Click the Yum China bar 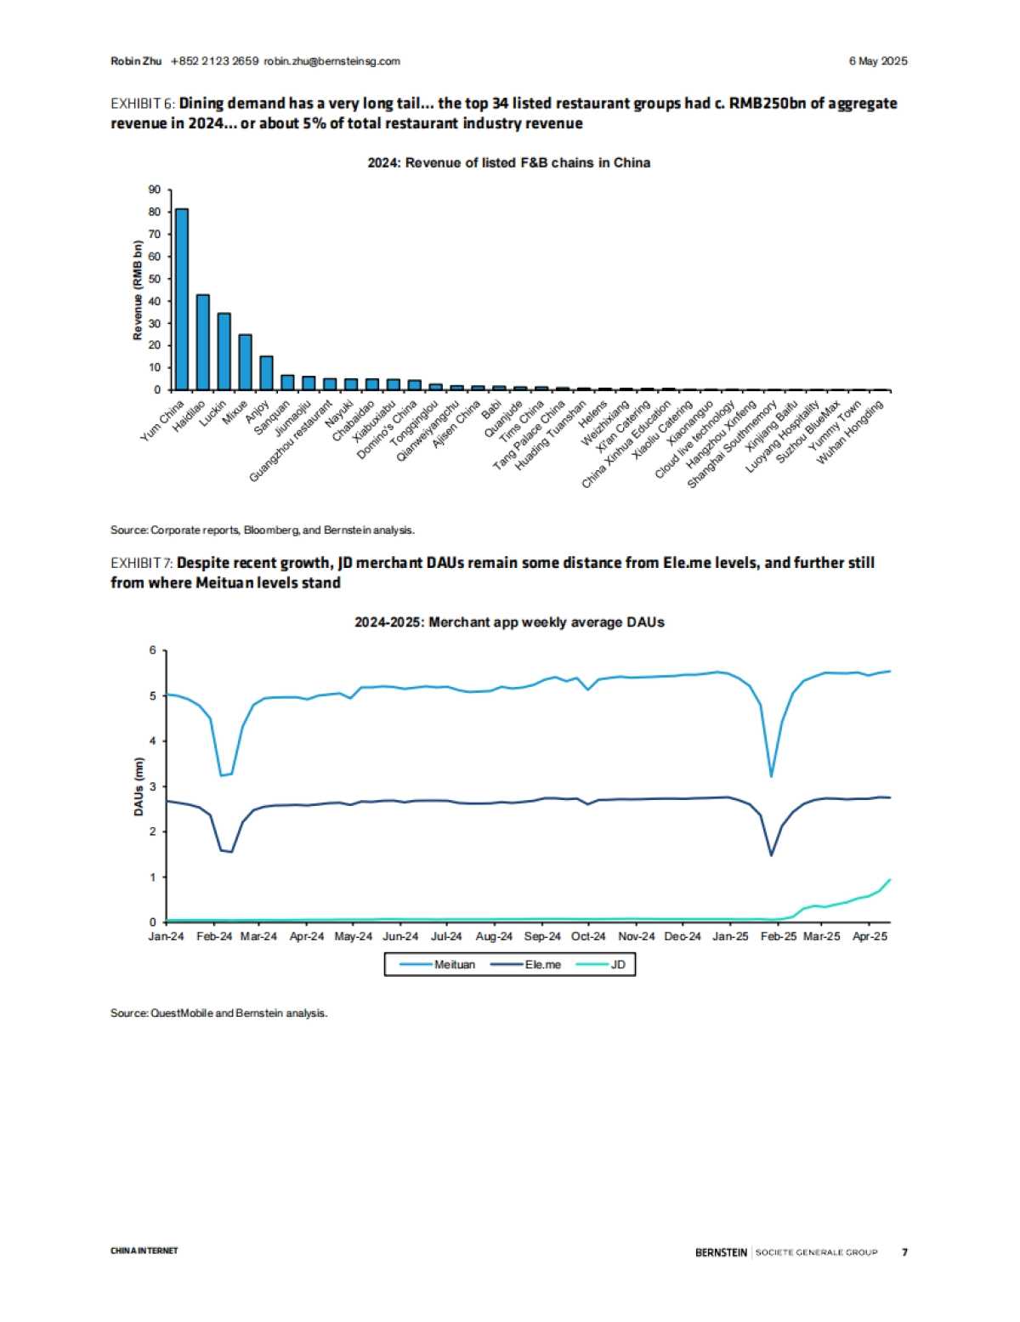[x=182, y=299]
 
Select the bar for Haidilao [x=203, y=342]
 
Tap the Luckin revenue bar [x=224, y=351]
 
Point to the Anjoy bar [x=266, y=372]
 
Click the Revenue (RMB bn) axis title [x=138, y=290]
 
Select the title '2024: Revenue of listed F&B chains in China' [x=508, y=163]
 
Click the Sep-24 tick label [x=542, y=936]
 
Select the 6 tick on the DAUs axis [x=153, y=650]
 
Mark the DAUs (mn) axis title [x=139, y=786]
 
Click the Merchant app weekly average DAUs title [x=509, y=622]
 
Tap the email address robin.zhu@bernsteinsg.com [x=331, y=61]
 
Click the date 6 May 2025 [x=878, y=61]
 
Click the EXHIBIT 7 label [x=142, y=563]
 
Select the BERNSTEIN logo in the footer [x=721, y=1252]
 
